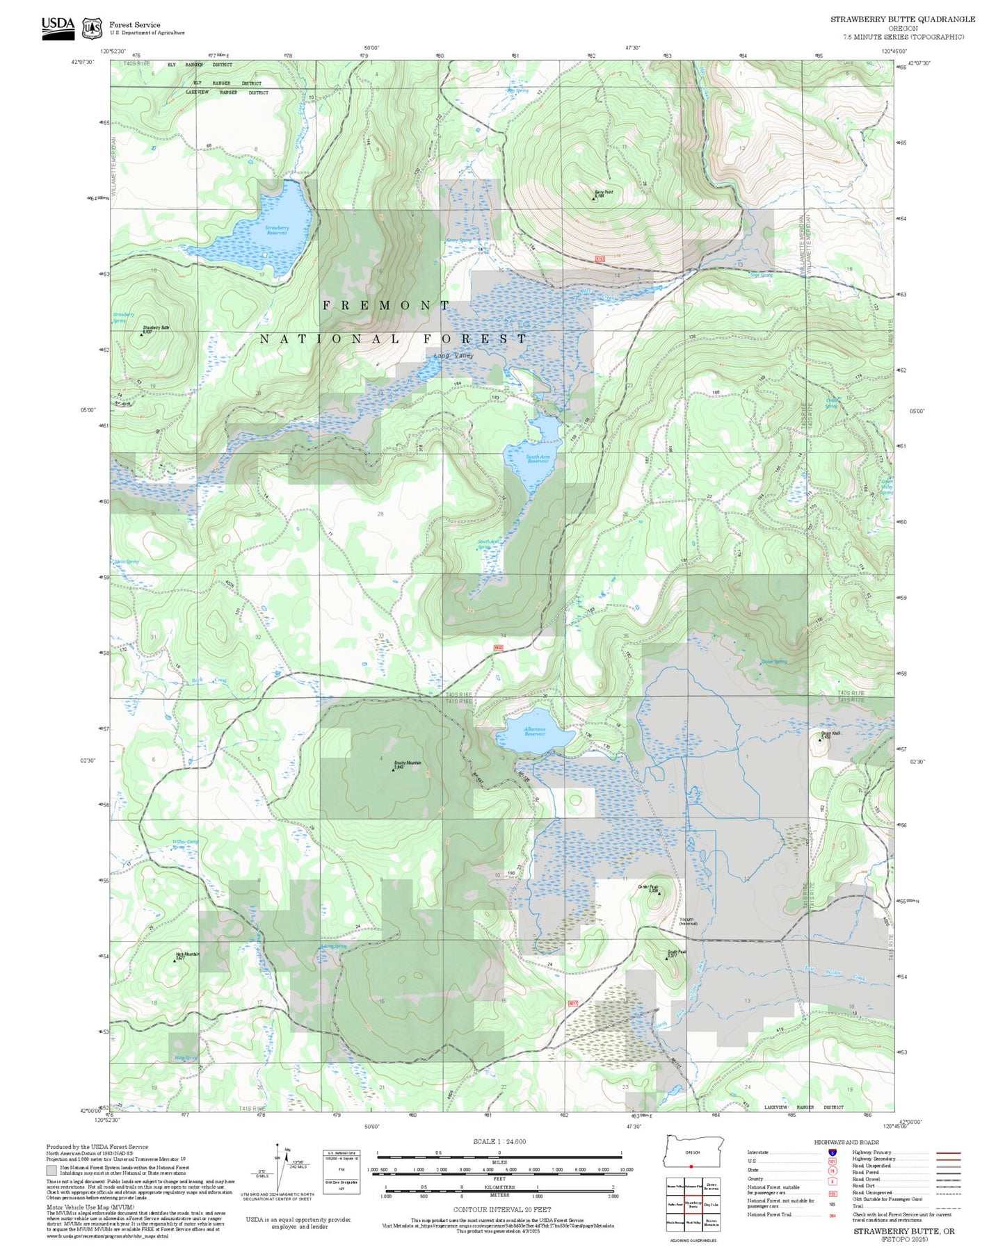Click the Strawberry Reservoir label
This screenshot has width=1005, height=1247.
(278, 230)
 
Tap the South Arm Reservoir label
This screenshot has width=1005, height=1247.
(538, 459)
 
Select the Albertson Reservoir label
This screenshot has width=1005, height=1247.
(535, 732)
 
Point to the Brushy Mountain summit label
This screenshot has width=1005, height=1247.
(408, 764)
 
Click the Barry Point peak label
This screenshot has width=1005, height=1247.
(603, 194)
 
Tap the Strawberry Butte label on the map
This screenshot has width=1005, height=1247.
(156, 328)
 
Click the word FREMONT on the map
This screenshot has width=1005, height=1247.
(386, 306)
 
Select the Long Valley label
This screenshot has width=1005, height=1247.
(453, 356)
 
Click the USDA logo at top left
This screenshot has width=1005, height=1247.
(58, 28)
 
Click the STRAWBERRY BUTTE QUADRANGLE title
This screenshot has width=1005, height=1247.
(902, 19)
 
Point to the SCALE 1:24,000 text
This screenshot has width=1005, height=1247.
(499, 1141)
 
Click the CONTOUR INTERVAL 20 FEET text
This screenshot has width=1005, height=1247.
(499, 1209)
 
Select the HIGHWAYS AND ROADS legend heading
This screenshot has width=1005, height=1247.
(846, 1142)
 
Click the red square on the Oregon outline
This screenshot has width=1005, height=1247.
(691, 1166)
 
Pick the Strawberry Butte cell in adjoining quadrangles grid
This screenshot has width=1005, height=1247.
(693, 1205)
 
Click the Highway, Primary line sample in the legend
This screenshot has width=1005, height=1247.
(949, 1152)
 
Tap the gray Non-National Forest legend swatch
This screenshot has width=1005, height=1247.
(51, 1171)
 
